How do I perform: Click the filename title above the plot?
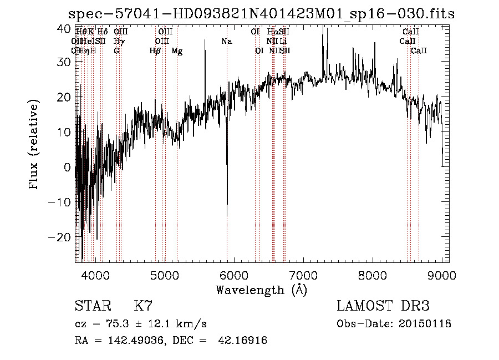click(261, 14)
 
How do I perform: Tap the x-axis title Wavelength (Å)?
click(261, 290)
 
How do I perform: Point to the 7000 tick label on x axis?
click(303, 275)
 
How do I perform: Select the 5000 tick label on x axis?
click(164, 275)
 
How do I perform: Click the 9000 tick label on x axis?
click(442, 275)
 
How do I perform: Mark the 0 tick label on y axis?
click(67, 167)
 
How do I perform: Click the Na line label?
click(226, 42)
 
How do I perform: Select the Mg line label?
click(177, 51)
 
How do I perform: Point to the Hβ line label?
click(155, 51)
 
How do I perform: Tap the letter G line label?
click(116, 51)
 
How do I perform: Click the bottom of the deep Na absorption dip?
click(227, 215)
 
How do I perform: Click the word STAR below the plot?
click(93, 306)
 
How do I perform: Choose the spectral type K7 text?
click(142, 306)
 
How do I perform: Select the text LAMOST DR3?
click(383, 306)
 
